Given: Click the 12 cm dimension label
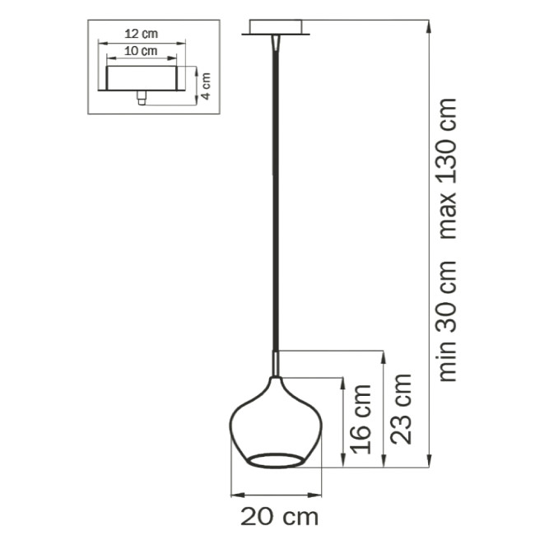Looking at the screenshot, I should [x=141, y=35].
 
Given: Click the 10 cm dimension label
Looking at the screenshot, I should [x=141, y=51].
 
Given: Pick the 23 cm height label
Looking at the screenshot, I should [x=401, y=409].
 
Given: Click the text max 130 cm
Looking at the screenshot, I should [x=449, y=169].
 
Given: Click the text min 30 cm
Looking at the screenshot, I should [x=449, y=321].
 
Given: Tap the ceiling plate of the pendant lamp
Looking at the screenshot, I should [x=276, y=32].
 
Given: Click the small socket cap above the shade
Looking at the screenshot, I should [x=276, y=362].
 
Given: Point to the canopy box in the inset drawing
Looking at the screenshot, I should [x=141, y=79].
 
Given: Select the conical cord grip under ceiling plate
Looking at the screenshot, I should [x=276, y=44].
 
